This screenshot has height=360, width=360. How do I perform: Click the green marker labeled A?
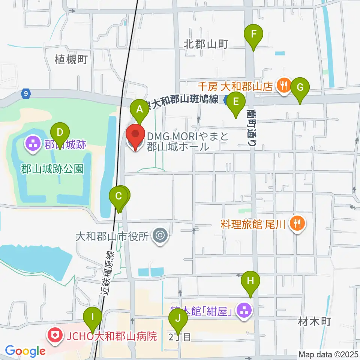[x=139, y=109]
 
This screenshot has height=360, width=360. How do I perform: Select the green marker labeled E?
[x=235, y=102]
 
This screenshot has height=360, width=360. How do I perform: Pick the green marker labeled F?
[x=254, y=35]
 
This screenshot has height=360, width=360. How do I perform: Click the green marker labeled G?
[x=300, y=88]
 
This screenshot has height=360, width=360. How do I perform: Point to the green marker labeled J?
[x=178, y=319]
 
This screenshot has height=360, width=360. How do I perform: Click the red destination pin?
[x=135, y=137]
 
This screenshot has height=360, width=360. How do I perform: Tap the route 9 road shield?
[x=25, y=94]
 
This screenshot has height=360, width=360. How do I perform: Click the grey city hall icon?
[x=160, y=235]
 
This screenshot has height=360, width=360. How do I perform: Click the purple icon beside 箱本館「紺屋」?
[x=244, y=310]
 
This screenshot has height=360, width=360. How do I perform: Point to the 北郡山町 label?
[x=206, y=44]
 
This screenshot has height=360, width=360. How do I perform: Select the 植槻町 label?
[x=71, y=59]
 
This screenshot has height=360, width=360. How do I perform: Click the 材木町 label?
[x=314, y=321]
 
